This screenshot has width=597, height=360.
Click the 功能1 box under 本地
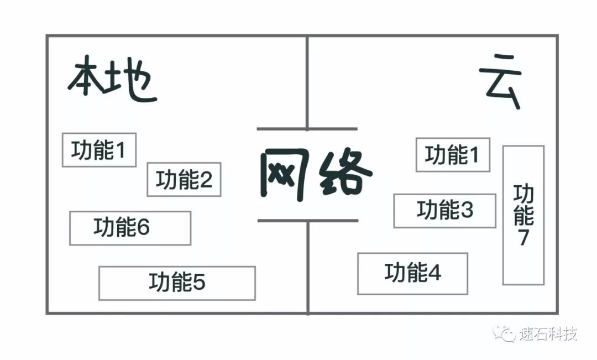pyautogui.click(x=99, y=150)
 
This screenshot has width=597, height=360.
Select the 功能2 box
pyautogui.click(x=184, y=179)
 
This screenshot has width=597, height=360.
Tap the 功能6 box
pyautogui.click(x=130, y=228)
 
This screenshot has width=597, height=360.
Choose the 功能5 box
pyautogui.click(x=177, y=283)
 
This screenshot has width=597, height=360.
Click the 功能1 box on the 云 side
pyautogui.click(x=453, y=155)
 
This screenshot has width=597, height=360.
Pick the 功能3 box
pyautogui.click(x=444, y=211)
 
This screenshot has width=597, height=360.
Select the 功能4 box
pyautogui.click(x=412, y=273)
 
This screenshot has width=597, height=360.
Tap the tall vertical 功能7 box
pyautogui.click(x=523, y=215)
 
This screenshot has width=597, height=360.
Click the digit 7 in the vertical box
pyautogui.click(x=523, y=238)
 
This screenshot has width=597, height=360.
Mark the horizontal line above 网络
pyautogui.click(x=307, y=129)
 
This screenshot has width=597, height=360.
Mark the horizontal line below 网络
pyautogui.click(x=307, y=221)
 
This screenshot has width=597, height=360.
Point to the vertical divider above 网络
pyautogui.click(x=307, y=83)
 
